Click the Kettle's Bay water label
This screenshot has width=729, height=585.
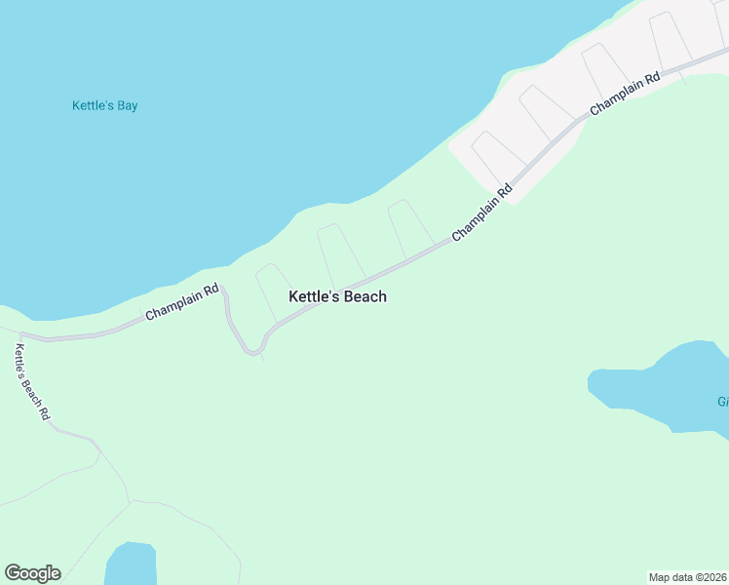(105, 105)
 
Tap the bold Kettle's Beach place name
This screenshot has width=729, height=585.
(337, 296)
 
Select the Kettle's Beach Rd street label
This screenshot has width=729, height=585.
(31, 382)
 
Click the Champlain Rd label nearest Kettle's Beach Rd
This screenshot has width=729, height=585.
(181, 302)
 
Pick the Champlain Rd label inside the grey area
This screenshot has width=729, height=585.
(625, 95)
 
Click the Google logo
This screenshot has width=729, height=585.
(32, 573)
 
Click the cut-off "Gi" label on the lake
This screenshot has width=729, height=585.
(723, 402)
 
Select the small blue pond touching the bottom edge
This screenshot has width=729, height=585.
(131, 565)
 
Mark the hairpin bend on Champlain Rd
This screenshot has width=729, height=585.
(253, 351)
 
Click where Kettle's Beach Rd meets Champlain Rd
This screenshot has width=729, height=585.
(19, 334)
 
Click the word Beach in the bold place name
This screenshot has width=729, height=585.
(364, 296)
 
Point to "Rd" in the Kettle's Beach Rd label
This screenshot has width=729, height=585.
(44, 412)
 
